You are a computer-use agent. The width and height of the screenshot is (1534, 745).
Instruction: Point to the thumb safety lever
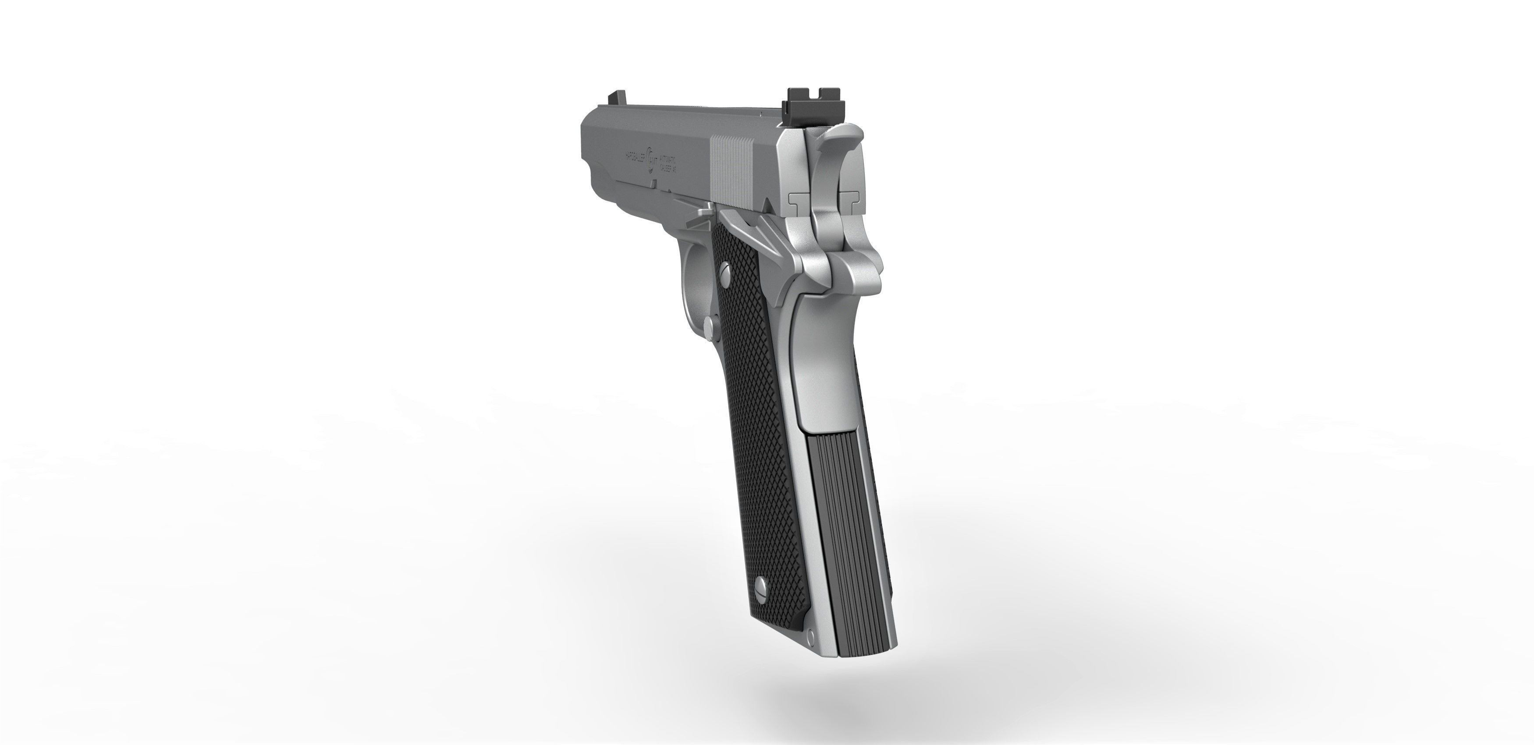744,229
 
